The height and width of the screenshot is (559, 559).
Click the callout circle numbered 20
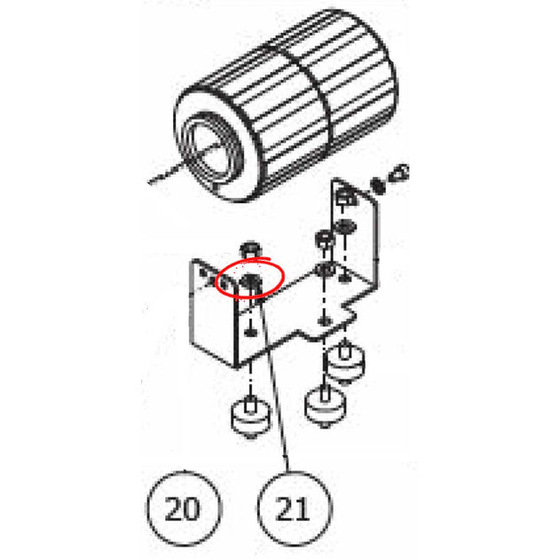point(184,508)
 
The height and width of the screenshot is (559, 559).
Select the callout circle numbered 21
point(295,508)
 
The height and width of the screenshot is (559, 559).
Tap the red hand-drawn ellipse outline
point(249,278)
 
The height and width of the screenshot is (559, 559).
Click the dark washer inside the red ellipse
point(251,281)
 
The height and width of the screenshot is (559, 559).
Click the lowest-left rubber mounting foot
point(250,417)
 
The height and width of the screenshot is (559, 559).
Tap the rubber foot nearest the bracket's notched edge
point(345,363)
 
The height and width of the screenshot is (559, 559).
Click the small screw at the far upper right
point(399,172)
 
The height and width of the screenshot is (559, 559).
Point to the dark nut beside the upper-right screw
point(378,185)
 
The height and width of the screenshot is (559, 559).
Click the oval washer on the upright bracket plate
point(345,226)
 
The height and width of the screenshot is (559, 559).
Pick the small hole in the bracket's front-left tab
point(224,284)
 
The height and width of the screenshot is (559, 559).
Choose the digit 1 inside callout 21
point(303,508)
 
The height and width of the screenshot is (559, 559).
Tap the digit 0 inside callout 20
point(192,508)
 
